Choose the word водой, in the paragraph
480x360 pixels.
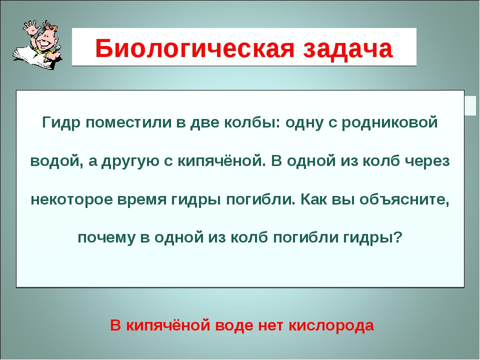52,161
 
